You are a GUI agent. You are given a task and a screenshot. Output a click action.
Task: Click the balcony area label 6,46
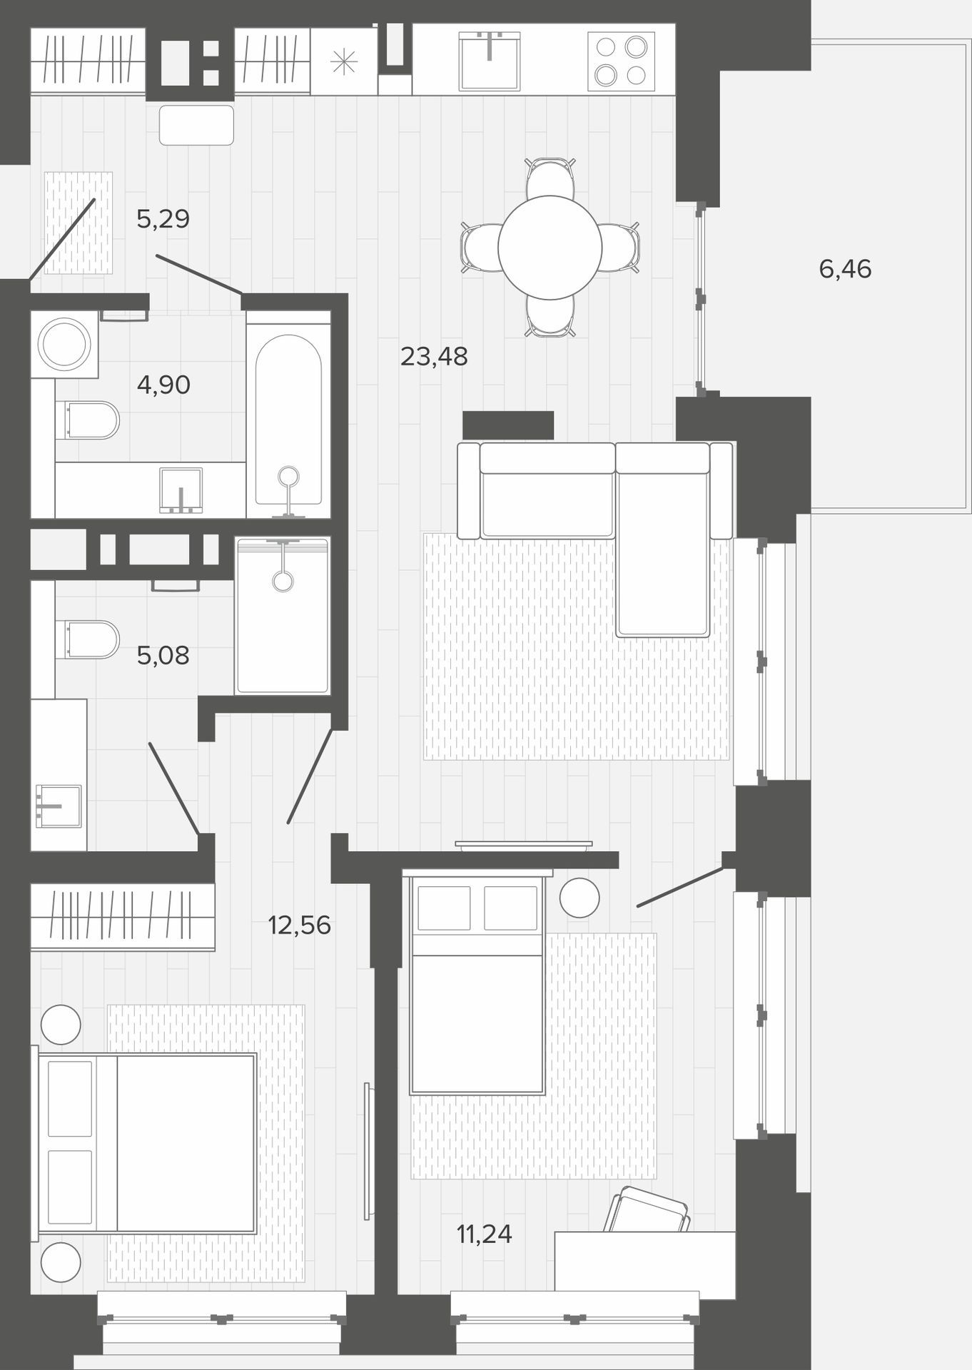click(845, 269)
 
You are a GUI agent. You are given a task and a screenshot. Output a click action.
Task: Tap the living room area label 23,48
click(434, 356)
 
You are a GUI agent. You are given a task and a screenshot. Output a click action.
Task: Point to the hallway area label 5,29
click(163, 218)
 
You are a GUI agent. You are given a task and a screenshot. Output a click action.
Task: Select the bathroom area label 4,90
click(163, 385)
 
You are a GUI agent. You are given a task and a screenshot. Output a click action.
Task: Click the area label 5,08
click(163, 655)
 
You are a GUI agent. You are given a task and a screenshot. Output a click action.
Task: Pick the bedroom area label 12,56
click(299, 925)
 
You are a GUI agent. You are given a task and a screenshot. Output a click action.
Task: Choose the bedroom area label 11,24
click(485, 1233)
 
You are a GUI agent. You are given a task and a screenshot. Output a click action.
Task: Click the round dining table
click(550, 248)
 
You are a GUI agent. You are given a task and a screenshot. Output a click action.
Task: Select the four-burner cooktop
click(621, 61)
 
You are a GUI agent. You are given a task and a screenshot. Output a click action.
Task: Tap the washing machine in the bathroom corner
click(64, 344)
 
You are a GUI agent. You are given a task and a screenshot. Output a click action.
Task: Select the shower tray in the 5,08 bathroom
click(283, 616)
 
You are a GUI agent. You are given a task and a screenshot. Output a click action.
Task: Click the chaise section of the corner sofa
click(663, 539)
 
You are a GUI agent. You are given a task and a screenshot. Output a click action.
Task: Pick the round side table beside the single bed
click(579, 898)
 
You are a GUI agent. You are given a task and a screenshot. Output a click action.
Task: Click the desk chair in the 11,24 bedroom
click(647, 1209)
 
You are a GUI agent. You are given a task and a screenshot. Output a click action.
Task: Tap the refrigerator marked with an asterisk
click(343, 62)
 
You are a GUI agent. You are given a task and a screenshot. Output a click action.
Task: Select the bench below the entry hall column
click(196, 125)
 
